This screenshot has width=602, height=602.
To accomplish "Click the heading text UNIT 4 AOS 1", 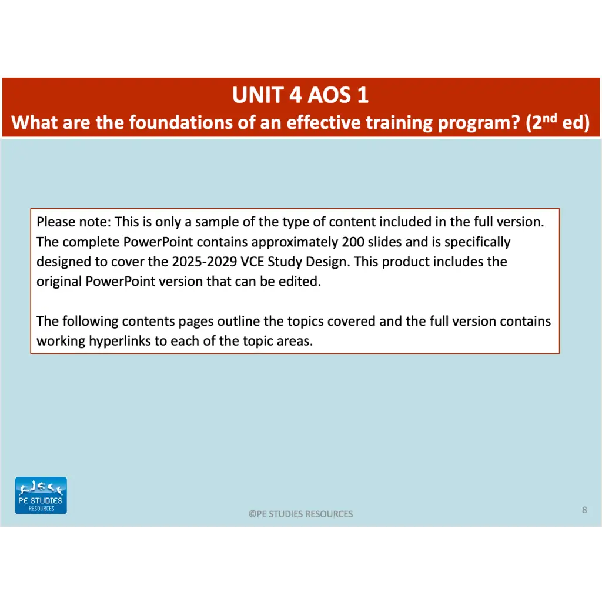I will point(300,95).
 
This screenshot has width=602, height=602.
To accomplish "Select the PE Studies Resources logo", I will point(41,496).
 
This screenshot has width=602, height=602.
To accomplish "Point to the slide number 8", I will point(584,510).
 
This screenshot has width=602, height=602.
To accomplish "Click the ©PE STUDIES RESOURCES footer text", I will point(300,514).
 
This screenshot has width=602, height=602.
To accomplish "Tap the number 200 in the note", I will point(353,242).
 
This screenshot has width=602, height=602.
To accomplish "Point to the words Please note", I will point(73,222).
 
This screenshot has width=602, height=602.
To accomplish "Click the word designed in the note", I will point(63,262).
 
